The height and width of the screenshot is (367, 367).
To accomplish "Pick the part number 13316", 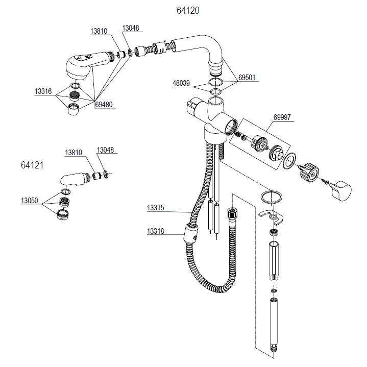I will (43, 91).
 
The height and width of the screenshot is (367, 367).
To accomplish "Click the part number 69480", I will (104, 105).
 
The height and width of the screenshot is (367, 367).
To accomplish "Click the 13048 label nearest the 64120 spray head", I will (131, 29).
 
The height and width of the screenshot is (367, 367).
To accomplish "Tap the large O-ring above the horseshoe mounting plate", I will (271, 197).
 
